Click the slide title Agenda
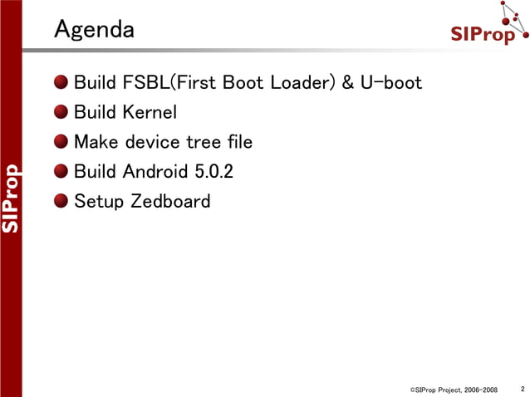(94, 30)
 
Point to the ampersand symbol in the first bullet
(347, 83)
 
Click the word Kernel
(150, 112)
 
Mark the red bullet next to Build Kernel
(62, 112)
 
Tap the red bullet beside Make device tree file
(62, 142)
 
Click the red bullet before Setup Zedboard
(62, 201)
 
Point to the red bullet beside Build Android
(62, 172)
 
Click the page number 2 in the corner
(522, 388)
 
